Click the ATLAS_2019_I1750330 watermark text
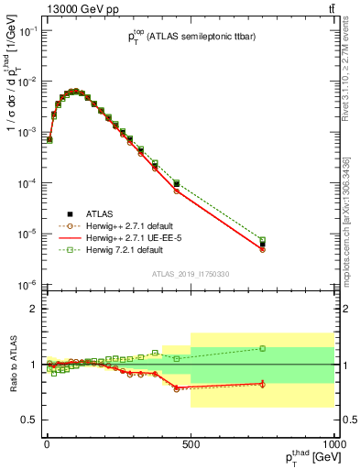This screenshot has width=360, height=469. [x=190, y=274]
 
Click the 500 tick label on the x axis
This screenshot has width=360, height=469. [x=190, y=444]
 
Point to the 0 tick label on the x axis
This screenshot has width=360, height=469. [x=47, y=444]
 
